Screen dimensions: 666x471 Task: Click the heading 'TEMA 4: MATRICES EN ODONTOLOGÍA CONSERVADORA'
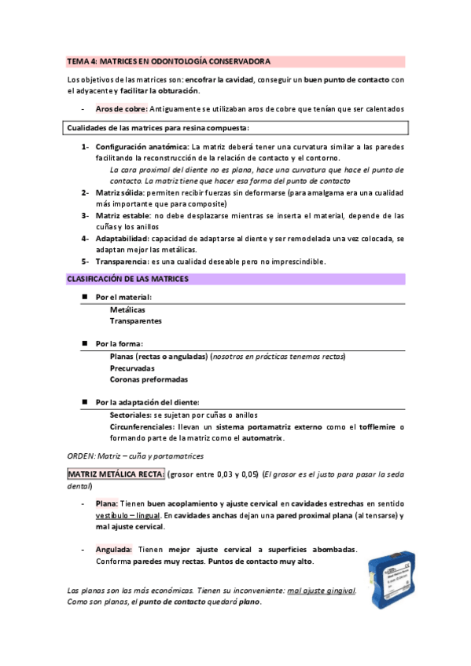tap(169, 60)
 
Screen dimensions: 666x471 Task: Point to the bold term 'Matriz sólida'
tap(120, 192)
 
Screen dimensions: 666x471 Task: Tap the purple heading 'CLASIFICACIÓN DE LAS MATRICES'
tap(127, 278)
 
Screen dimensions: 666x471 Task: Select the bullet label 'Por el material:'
tap(123, 298)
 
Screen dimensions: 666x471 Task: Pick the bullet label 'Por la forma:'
tap(119, 344)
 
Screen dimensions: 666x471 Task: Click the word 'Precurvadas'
tap(132, 368)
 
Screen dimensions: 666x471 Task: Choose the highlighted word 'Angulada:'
tap(113, 550)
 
